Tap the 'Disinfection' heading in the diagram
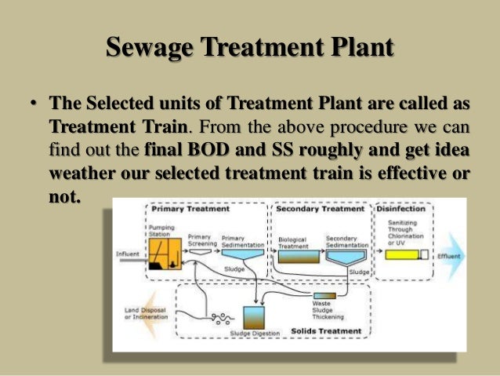click(400, 209)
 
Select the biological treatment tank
click(299, 256)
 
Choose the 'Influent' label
click(128, 254)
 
